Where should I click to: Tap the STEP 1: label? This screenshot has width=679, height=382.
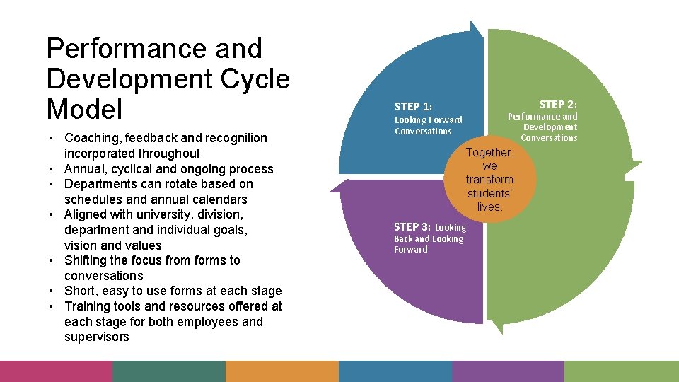[x=413, y=107]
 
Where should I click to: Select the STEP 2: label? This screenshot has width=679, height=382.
[x=558, y=105]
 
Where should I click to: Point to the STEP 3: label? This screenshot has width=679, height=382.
[x=412, y=227]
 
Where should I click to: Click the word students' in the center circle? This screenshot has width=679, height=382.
[x=489, y=193]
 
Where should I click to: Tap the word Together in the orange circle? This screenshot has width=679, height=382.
[x=489, y=153]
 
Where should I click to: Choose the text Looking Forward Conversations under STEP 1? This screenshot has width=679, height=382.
[x=428, y=125]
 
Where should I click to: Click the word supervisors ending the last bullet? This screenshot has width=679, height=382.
[x=97, y=337]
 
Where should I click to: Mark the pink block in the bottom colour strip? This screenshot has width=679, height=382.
[x=56, y=371]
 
